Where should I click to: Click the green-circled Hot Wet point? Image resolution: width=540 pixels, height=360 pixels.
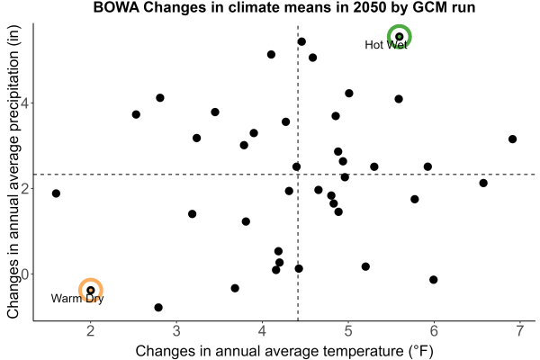tap(399, 37)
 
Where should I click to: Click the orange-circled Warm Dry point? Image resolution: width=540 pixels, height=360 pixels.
tap(91, 290)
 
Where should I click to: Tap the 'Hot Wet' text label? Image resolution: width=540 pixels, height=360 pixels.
tap(386, 45)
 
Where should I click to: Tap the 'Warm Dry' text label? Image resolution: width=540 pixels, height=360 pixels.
tap(77, 298)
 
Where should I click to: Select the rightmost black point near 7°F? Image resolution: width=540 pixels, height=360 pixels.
tap(512, 139)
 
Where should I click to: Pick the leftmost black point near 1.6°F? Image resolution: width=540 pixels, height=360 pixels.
tap(56, 193)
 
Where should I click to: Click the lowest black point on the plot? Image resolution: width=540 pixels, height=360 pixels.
tap(158, 307)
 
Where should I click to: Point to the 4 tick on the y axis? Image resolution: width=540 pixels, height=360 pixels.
tap(32, 103)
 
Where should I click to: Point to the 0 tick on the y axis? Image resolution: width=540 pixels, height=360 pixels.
tap(32, 274)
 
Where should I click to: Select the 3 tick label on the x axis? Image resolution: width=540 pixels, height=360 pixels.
tap(176, 331)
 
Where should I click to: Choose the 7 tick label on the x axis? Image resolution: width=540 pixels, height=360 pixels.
tap(519, 331)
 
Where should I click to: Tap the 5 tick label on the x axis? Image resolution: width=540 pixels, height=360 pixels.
tap(348, 331)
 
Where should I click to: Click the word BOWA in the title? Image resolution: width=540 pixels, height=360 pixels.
tap(116, 7)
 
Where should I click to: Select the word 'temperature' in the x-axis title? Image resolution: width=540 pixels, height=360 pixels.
tap(361, 351)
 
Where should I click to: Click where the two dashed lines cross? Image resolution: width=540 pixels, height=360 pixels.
tap(298, 175)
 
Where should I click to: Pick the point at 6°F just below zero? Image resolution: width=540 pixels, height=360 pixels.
tap(434, 279)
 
